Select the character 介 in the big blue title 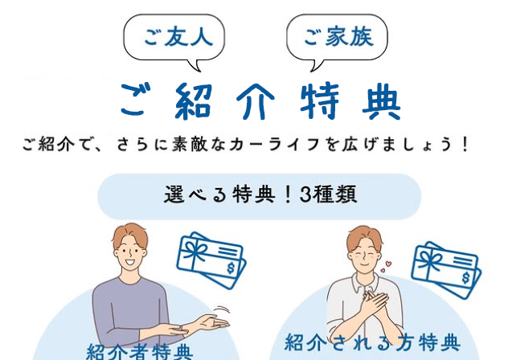coord(256,100)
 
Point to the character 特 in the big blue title coord(319,100)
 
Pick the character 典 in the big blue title coord(382,100)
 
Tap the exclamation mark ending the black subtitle coord(465,145)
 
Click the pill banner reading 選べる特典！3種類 coord(259,196)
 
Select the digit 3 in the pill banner coord(305,194)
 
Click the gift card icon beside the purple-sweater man coord(211,260)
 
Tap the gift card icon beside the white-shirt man coord(446,269)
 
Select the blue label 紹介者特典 coord(140,352)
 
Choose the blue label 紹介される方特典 coord(372,342)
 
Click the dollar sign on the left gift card coord(231,268)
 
